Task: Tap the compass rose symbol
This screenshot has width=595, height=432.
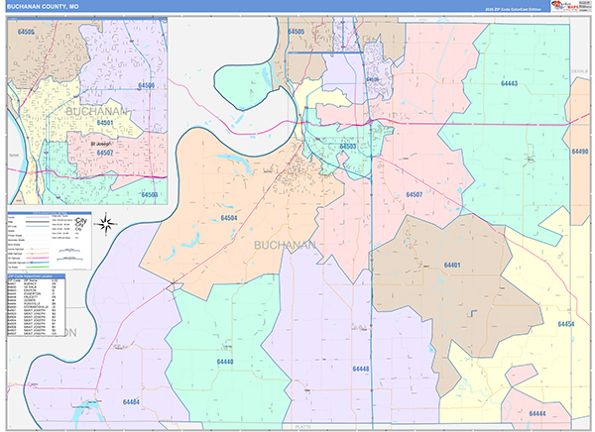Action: (x=111, y=224)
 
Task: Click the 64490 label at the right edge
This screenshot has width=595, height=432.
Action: (x=580, y=152)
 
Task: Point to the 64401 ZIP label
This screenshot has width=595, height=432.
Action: (x=453, y=266)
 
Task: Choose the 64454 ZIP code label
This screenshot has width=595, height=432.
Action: (x=565, y=324)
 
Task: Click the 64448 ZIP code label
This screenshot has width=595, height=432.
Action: (x=360, y=368)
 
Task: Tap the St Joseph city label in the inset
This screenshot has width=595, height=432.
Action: (x=103, y=141)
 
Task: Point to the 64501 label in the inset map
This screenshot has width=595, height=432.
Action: (x=107, y=123)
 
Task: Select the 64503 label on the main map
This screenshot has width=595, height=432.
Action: (x=346, y=146)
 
